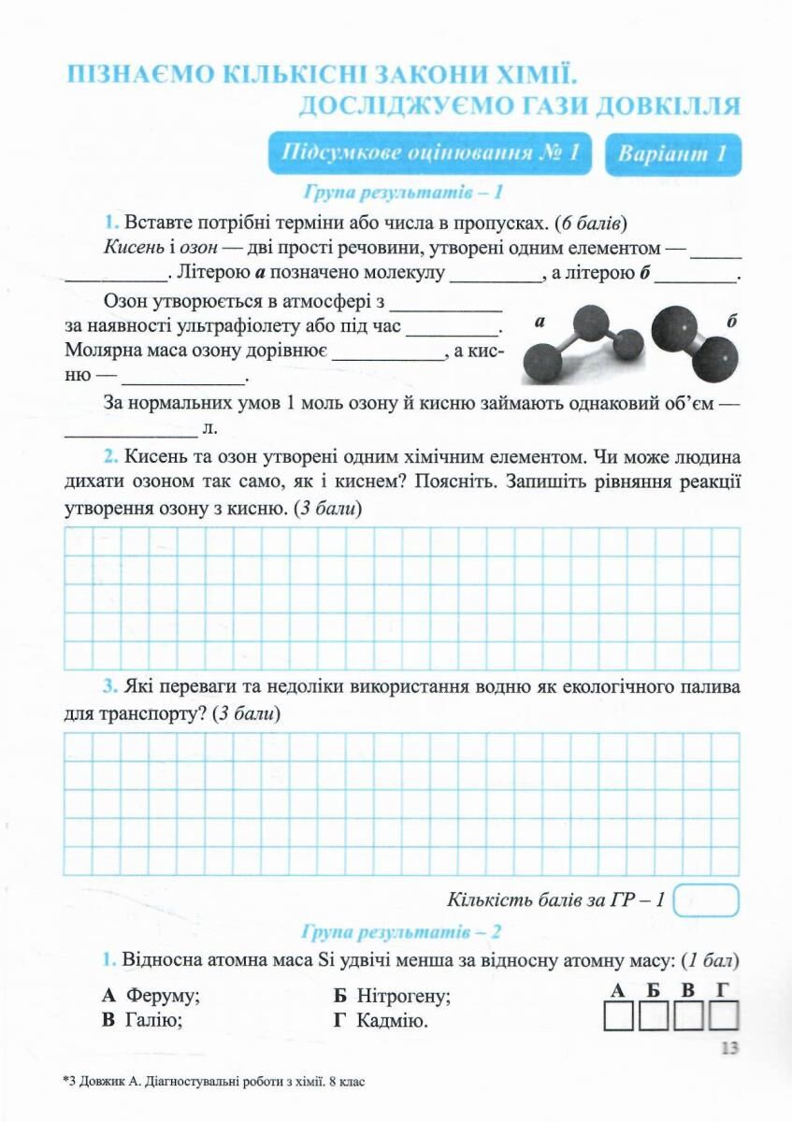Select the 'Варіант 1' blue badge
[672, 154]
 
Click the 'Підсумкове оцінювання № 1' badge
[430, 154]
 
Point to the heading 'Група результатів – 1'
[404, 194]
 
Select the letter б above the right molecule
[731, 322]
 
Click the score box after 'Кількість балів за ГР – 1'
[706, 901]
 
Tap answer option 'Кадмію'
[392, 1021]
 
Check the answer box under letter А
[618, 1016]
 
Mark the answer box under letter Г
[724, 1016]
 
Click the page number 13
[730, 1048]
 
